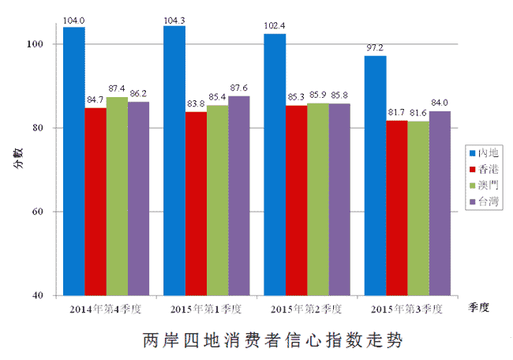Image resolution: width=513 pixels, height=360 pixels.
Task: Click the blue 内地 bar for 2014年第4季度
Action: pos(74,162)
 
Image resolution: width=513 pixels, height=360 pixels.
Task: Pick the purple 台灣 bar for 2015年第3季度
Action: pos(440,204)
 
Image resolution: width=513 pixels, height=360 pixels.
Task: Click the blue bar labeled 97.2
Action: pos(376,176)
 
